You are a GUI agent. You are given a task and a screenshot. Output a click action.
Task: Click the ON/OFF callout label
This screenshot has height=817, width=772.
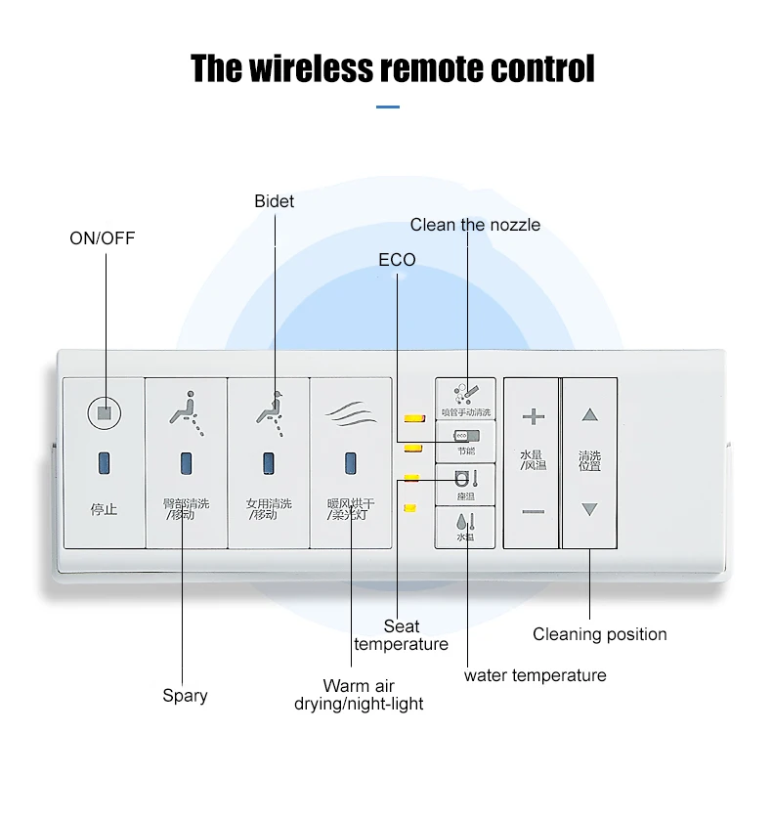[x=102, y=237]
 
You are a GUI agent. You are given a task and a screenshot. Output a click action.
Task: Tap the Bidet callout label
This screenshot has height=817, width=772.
[x=274, y=201]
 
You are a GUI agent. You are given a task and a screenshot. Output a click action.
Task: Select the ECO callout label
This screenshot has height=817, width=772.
[x=397, y=259]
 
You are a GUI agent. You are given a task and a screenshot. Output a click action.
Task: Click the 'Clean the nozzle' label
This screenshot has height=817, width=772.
[x=475, y=225]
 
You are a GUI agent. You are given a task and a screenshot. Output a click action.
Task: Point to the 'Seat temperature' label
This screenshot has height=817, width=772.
[x=401, y=635]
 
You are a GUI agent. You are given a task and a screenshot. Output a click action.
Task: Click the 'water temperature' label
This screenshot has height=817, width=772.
[x=535, y=675]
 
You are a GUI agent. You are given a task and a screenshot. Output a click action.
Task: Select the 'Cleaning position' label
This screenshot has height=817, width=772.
[x=599, y=634]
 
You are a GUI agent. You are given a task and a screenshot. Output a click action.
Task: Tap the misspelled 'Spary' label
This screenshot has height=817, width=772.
[x=185, y=696]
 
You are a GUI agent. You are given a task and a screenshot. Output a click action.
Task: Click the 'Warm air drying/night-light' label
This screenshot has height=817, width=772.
[x=359, y=695]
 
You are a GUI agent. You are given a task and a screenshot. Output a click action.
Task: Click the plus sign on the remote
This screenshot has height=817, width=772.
[x=533, y=417]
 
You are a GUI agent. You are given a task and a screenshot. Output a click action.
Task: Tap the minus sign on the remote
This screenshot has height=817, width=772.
[x=533, y=511]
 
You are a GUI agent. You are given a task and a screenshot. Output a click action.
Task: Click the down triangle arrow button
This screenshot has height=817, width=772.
[x=589, y=509]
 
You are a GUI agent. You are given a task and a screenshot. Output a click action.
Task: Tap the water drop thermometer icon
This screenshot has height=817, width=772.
[x=465, y=522]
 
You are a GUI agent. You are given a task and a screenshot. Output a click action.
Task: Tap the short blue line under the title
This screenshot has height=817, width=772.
[x=388, y=107]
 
